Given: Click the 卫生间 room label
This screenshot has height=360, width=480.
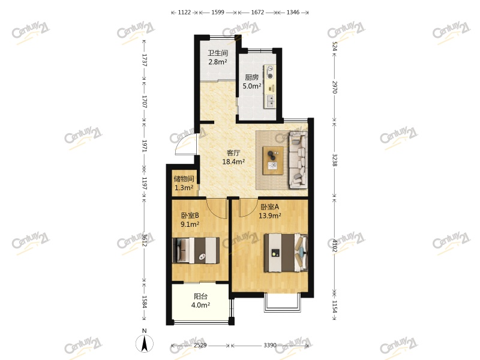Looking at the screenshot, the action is (218, 53).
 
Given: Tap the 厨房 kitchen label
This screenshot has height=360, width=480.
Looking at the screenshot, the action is (251, 77).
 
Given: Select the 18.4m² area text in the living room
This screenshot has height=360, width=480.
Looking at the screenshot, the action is (233, 161).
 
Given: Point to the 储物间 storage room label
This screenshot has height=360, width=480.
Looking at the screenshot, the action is (184, 179).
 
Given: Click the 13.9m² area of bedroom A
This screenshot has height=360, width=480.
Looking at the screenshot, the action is (270, 215).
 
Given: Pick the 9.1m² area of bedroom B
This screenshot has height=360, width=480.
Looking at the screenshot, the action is (190, 224).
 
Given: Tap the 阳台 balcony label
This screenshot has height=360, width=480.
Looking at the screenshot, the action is (201, 296).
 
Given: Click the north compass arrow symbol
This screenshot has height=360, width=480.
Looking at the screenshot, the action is (145, 343).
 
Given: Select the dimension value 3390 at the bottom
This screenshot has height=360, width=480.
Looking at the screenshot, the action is (270, 346).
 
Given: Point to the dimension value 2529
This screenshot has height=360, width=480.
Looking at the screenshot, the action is (200, 346).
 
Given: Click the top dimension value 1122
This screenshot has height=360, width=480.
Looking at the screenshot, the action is (184, 12).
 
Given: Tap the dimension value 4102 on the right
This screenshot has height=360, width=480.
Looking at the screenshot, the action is (334, 246).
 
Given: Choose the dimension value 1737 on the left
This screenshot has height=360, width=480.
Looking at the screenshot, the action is (145, 60).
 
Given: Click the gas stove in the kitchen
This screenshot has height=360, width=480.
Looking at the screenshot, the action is (269, 72).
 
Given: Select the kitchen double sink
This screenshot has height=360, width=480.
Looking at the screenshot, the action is (270, 101).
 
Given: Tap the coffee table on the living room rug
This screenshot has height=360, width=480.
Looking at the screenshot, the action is (273, 160).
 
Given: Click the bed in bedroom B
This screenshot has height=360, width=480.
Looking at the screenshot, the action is (196, 250).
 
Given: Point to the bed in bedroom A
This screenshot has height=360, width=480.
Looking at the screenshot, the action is (286, 253).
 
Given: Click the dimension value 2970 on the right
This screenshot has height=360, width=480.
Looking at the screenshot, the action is (334, 87).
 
